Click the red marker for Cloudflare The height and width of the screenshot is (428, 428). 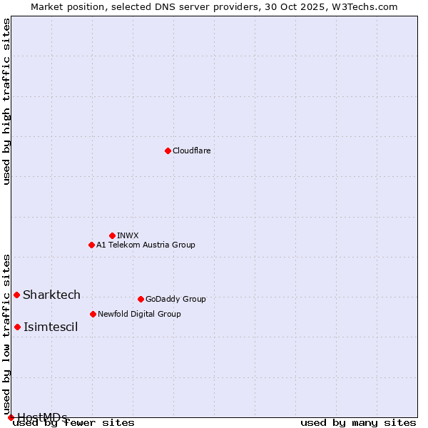(168, 151)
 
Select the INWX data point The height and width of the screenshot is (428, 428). (112, 235)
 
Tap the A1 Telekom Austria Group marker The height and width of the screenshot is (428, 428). (91, 245)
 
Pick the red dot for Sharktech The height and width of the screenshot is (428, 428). (16, 295)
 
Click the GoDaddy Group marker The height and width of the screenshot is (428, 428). (141, 299)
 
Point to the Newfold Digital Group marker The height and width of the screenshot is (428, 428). (93, 314)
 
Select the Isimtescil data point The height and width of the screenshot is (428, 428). (17, 327)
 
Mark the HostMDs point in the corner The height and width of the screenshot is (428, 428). (11, 417)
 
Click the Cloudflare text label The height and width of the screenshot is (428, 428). (191, 151)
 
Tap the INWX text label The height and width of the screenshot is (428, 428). (128, 235)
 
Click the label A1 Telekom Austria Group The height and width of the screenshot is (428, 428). (146, 245)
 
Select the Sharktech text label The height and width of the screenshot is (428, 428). (51, 295)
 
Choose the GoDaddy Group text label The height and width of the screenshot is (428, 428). (175, 299)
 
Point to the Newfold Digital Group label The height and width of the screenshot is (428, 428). (139, 314)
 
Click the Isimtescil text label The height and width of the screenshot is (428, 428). (51, 327)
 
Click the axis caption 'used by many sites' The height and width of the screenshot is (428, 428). (358, 422)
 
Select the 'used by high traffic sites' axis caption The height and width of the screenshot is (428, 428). (6, 101)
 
